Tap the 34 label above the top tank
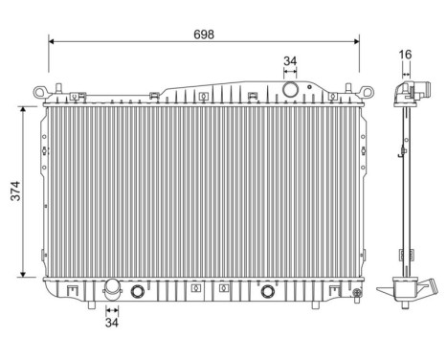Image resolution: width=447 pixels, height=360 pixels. point(290,62)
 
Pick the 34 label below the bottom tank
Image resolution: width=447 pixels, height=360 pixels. point(113,323)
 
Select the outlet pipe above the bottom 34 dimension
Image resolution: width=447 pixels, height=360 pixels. point(113,288)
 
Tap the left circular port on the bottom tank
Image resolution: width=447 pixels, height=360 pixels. point(137,292)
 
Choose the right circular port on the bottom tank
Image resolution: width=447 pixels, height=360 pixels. point(269,292)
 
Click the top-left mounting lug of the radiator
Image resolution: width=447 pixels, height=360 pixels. point(40,93)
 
